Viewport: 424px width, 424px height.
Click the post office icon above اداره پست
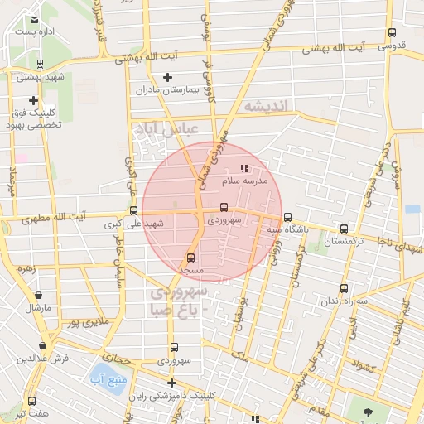[x=33, y=20]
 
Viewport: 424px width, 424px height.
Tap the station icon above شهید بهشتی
[x=40, y=64]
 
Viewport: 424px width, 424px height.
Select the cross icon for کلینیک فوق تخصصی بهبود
[x=34, y=100]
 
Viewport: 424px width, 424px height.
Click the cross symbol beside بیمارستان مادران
[x=167, y=78]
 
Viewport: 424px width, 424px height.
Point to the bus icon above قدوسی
[x=392, y=33]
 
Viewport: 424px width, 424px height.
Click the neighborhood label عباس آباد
[x=166, y=129]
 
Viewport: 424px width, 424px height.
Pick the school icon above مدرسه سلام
[x=243, y=168]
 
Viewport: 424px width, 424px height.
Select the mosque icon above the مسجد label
[x=192, y=258]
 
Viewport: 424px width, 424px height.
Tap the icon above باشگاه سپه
[x=287, y=217]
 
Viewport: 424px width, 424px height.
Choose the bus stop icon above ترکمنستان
[x=344, y=229]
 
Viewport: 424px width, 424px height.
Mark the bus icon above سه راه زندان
[x=344, y=289]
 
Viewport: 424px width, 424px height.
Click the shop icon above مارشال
[x=37, y=294]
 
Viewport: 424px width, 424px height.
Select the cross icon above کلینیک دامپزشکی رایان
[x=171, y=383]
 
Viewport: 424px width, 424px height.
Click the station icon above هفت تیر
[x=31, y=401]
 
